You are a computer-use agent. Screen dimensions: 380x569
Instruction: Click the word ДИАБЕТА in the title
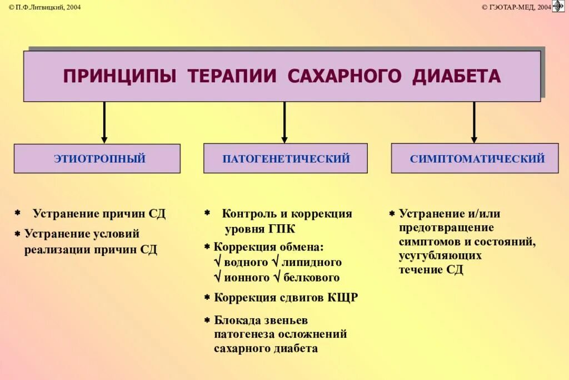coord(456,76)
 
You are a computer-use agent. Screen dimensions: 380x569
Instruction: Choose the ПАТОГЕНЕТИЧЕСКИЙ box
coord(286,159)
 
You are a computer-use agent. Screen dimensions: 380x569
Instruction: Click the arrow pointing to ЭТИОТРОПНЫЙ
coord(104,122)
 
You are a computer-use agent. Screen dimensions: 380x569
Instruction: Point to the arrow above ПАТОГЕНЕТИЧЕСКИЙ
coord(284,122)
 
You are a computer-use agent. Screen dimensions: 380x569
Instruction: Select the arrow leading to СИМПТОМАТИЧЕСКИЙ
coord(474,122)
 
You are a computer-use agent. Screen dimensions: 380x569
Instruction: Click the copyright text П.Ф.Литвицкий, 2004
coord(41,7)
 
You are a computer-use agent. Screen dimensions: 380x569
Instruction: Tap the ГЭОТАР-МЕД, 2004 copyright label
coord(516,7)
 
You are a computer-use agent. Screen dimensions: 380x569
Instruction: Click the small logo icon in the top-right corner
coord(558,6)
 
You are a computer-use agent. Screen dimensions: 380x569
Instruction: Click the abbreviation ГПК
coord(283,229)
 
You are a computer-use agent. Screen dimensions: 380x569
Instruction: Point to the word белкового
coord(311,278)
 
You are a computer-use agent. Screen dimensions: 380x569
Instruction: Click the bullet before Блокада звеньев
coord(207,320)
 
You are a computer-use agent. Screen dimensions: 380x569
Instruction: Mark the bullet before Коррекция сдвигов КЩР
coord(207,298)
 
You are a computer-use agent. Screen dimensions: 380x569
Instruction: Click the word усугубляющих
coord(440,256)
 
